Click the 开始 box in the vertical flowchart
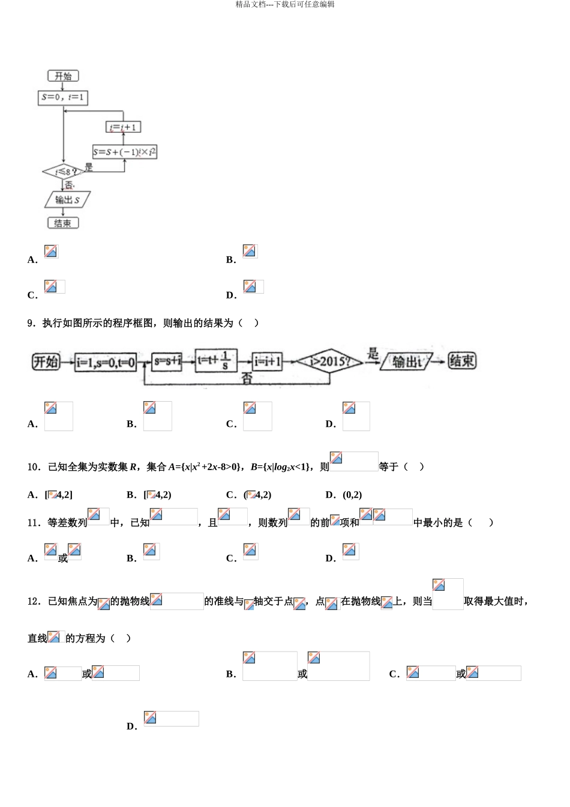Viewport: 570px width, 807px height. [63, 76]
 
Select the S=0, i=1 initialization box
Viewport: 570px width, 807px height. [63, 97]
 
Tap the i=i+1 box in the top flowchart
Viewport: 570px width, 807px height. [124, 127]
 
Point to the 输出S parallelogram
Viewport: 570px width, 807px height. [67, 200]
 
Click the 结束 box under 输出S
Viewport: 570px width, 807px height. [63, 223]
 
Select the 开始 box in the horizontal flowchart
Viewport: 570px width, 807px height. [46, 361]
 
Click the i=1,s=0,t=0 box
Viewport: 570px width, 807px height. [106, 362]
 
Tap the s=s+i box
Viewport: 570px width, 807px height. [167, 361]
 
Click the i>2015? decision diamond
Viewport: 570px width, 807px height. [331, 361]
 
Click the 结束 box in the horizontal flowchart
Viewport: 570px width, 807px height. [462, 361]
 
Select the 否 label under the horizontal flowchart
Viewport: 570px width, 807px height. [247, 379]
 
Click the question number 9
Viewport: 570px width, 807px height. [31, 323]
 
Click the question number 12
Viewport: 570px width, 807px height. [33, 601]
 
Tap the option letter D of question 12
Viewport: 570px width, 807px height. [131, 727]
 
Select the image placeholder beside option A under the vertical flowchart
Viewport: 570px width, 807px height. [51, 251]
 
